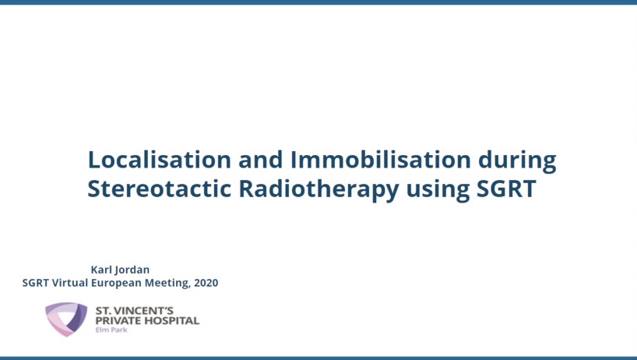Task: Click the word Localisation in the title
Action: (160, 159)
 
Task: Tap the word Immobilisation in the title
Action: (381, 159)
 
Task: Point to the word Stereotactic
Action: (159, 189)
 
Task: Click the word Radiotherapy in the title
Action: (319, 190)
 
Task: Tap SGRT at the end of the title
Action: (506, 189)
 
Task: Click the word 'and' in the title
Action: (260, 159)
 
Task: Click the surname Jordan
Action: (132, 270)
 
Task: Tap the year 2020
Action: (206, 282)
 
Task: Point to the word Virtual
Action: (70, 282)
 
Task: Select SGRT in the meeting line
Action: (36, 282)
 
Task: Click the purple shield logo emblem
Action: (66, 319)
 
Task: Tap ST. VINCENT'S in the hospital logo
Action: (135, 311)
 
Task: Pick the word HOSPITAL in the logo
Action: (173, 320)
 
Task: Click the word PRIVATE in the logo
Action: (119, 320)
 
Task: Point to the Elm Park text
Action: (111, 330)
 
